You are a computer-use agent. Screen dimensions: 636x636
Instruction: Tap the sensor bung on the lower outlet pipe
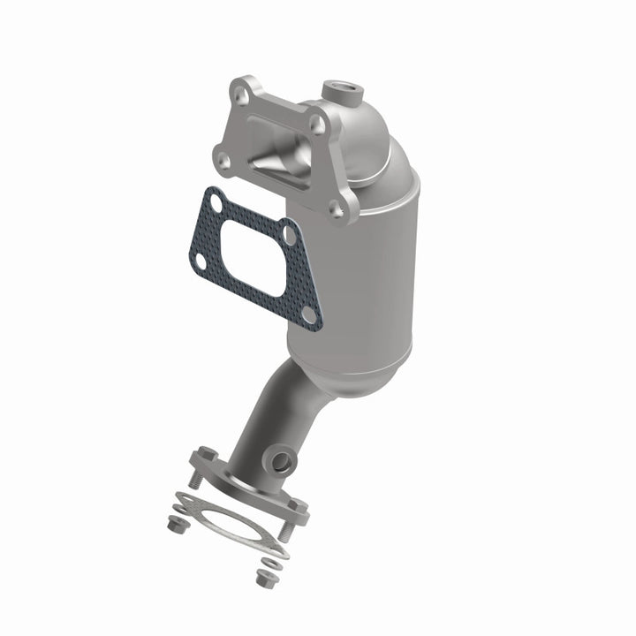(282, 461)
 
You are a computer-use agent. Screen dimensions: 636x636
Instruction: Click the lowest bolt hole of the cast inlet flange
(337, 209)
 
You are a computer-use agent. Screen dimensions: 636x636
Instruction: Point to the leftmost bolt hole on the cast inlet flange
(221, 161)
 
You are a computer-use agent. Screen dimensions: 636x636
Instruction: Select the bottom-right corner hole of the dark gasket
(308, 314)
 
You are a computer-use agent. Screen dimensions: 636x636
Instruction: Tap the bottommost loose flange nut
(263, 579)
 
